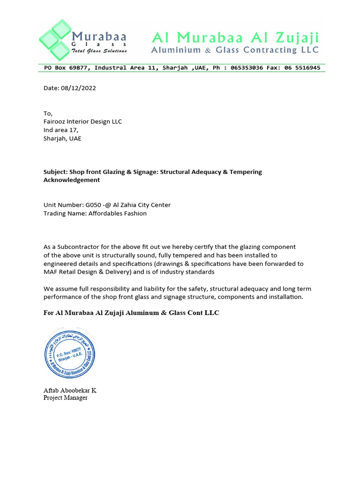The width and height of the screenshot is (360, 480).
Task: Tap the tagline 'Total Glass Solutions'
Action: tap(99, 51)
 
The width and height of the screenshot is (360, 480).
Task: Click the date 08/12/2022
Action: tap(78, 88)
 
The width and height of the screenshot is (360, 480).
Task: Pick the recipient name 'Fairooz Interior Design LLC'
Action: tap(82, 121)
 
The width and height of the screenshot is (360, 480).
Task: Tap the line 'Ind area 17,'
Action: tap(61, 130)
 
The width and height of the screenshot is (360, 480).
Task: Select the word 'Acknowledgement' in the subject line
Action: tap(72, 180)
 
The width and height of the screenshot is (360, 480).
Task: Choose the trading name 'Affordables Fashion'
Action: tap(114, 213)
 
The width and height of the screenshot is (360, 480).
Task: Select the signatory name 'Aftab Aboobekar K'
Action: tap(70, 390)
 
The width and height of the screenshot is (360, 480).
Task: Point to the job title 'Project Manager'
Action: tap(65, 398)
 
